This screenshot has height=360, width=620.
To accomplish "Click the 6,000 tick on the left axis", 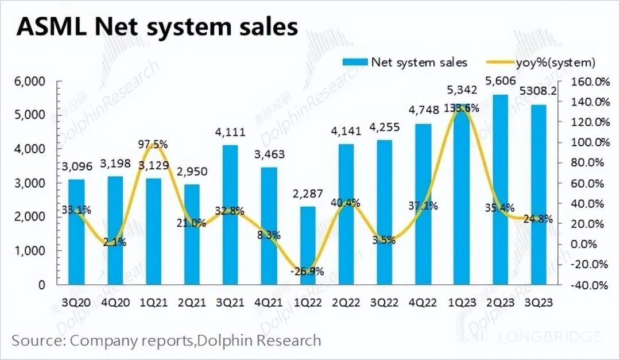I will click(29, 82).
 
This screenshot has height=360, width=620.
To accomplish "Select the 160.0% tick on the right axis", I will click(590, 82).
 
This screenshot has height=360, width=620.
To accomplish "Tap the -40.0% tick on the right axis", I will click(590, 285).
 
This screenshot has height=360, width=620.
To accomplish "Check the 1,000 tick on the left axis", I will click(29, 251).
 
